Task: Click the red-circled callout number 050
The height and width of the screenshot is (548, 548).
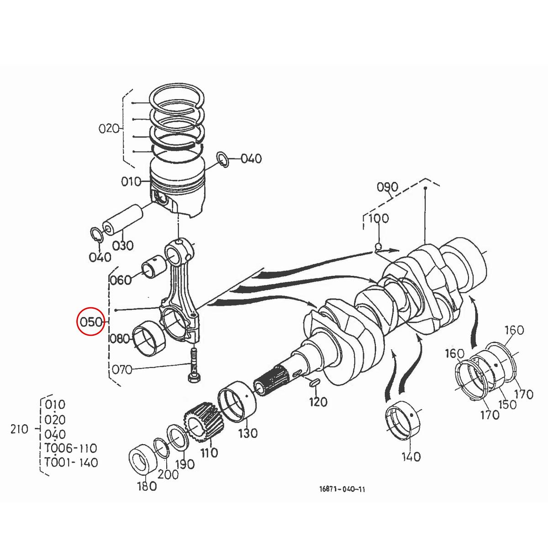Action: [x=90, y=321]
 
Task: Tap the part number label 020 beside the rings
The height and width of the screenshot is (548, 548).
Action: [x=108, y=128]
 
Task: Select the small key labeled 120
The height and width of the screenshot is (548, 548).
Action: [x=314, y=383]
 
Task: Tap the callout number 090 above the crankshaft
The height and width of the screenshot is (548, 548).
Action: [x=387, y=187]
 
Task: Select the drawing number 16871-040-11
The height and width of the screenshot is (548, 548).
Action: [x=342, y=489]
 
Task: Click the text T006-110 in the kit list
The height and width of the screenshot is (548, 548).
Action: [x=71, y=448]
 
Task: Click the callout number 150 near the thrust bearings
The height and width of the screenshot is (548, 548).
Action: [x=507, y=404]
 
